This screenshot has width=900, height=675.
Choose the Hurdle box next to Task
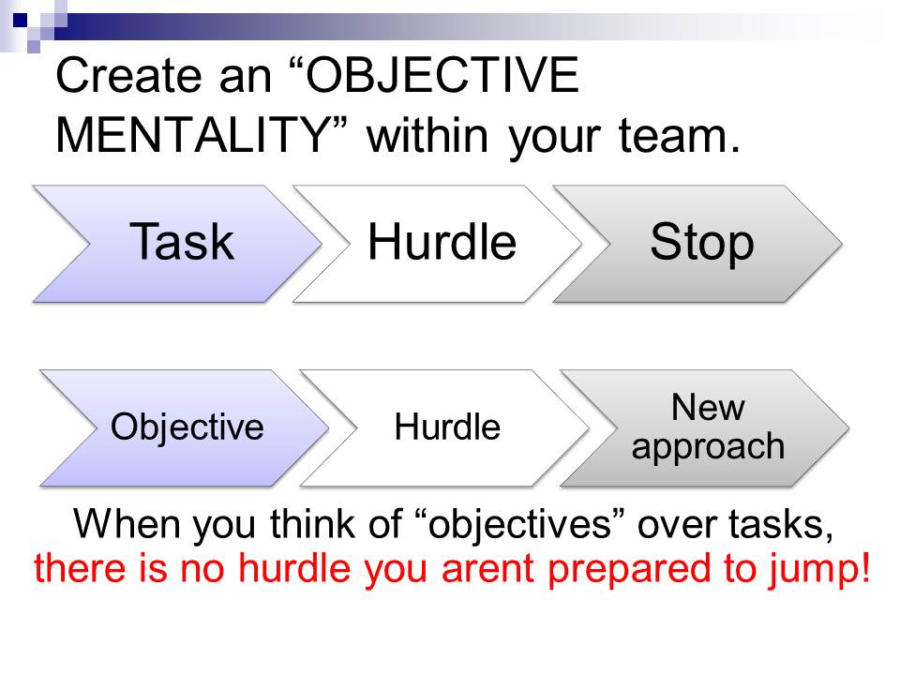coord(442,242)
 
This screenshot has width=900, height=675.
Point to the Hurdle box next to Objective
coord(447,427)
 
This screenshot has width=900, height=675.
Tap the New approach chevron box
coord(708,427)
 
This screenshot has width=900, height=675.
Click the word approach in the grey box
coord(708,445)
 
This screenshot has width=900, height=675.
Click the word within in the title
coord(433,136)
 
